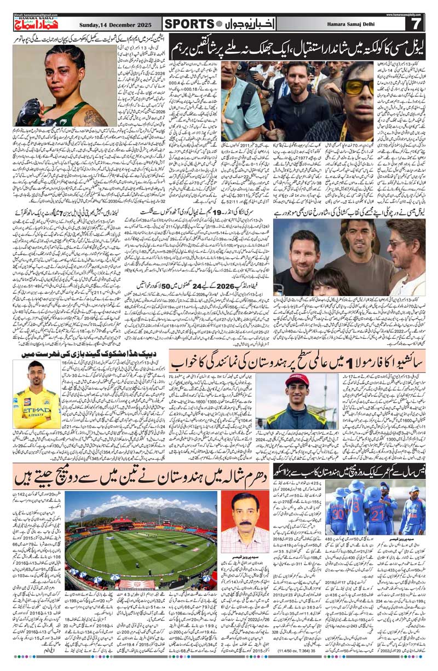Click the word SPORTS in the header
pos(189,24)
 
